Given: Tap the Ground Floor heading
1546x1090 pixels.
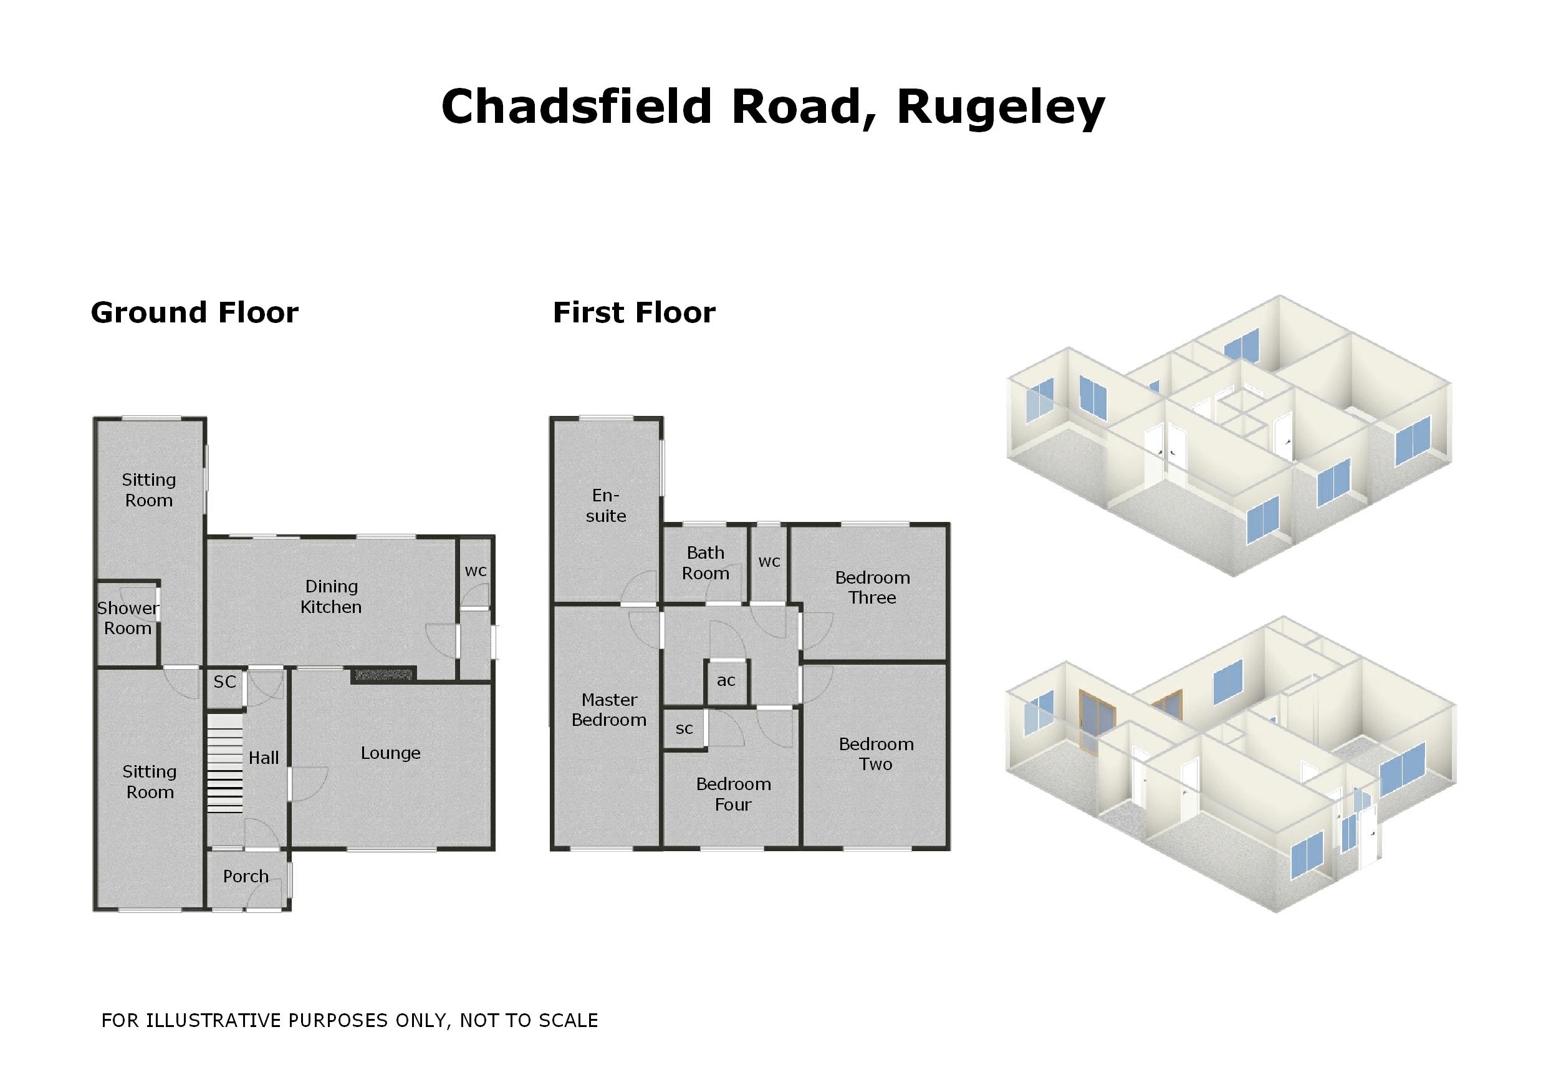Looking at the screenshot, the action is point(194,312).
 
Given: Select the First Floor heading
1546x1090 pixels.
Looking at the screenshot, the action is point(633,312).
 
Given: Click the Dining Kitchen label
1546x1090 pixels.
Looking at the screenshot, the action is point(330,597).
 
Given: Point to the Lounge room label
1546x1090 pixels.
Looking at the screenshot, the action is point(390,753).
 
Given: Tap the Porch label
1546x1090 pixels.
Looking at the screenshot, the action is point(246,877).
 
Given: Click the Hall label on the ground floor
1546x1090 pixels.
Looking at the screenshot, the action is point(263,758).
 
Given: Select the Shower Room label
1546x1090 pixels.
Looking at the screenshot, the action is point(127,619).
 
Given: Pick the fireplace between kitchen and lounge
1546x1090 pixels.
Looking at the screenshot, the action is point(383,674).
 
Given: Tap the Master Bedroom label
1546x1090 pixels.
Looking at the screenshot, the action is point(608,710).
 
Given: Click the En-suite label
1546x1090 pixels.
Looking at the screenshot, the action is point(605,506).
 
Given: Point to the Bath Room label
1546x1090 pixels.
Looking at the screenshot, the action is point(705,563).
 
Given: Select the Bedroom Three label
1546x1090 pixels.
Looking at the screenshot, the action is point(872,587).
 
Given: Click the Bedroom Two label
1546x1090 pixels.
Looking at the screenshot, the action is point(875,754).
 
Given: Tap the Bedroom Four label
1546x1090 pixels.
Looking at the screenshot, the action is point(732,794).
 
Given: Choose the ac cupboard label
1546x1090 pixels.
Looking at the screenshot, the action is point(726,681).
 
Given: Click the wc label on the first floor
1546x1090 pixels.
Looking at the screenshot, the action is point(769,562).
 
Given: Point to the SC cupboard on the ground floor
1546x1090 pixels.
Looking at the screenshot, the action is point(225,682).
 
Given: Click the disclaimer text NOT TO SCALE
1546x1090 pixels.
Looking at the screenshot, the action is point(529,1021).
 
